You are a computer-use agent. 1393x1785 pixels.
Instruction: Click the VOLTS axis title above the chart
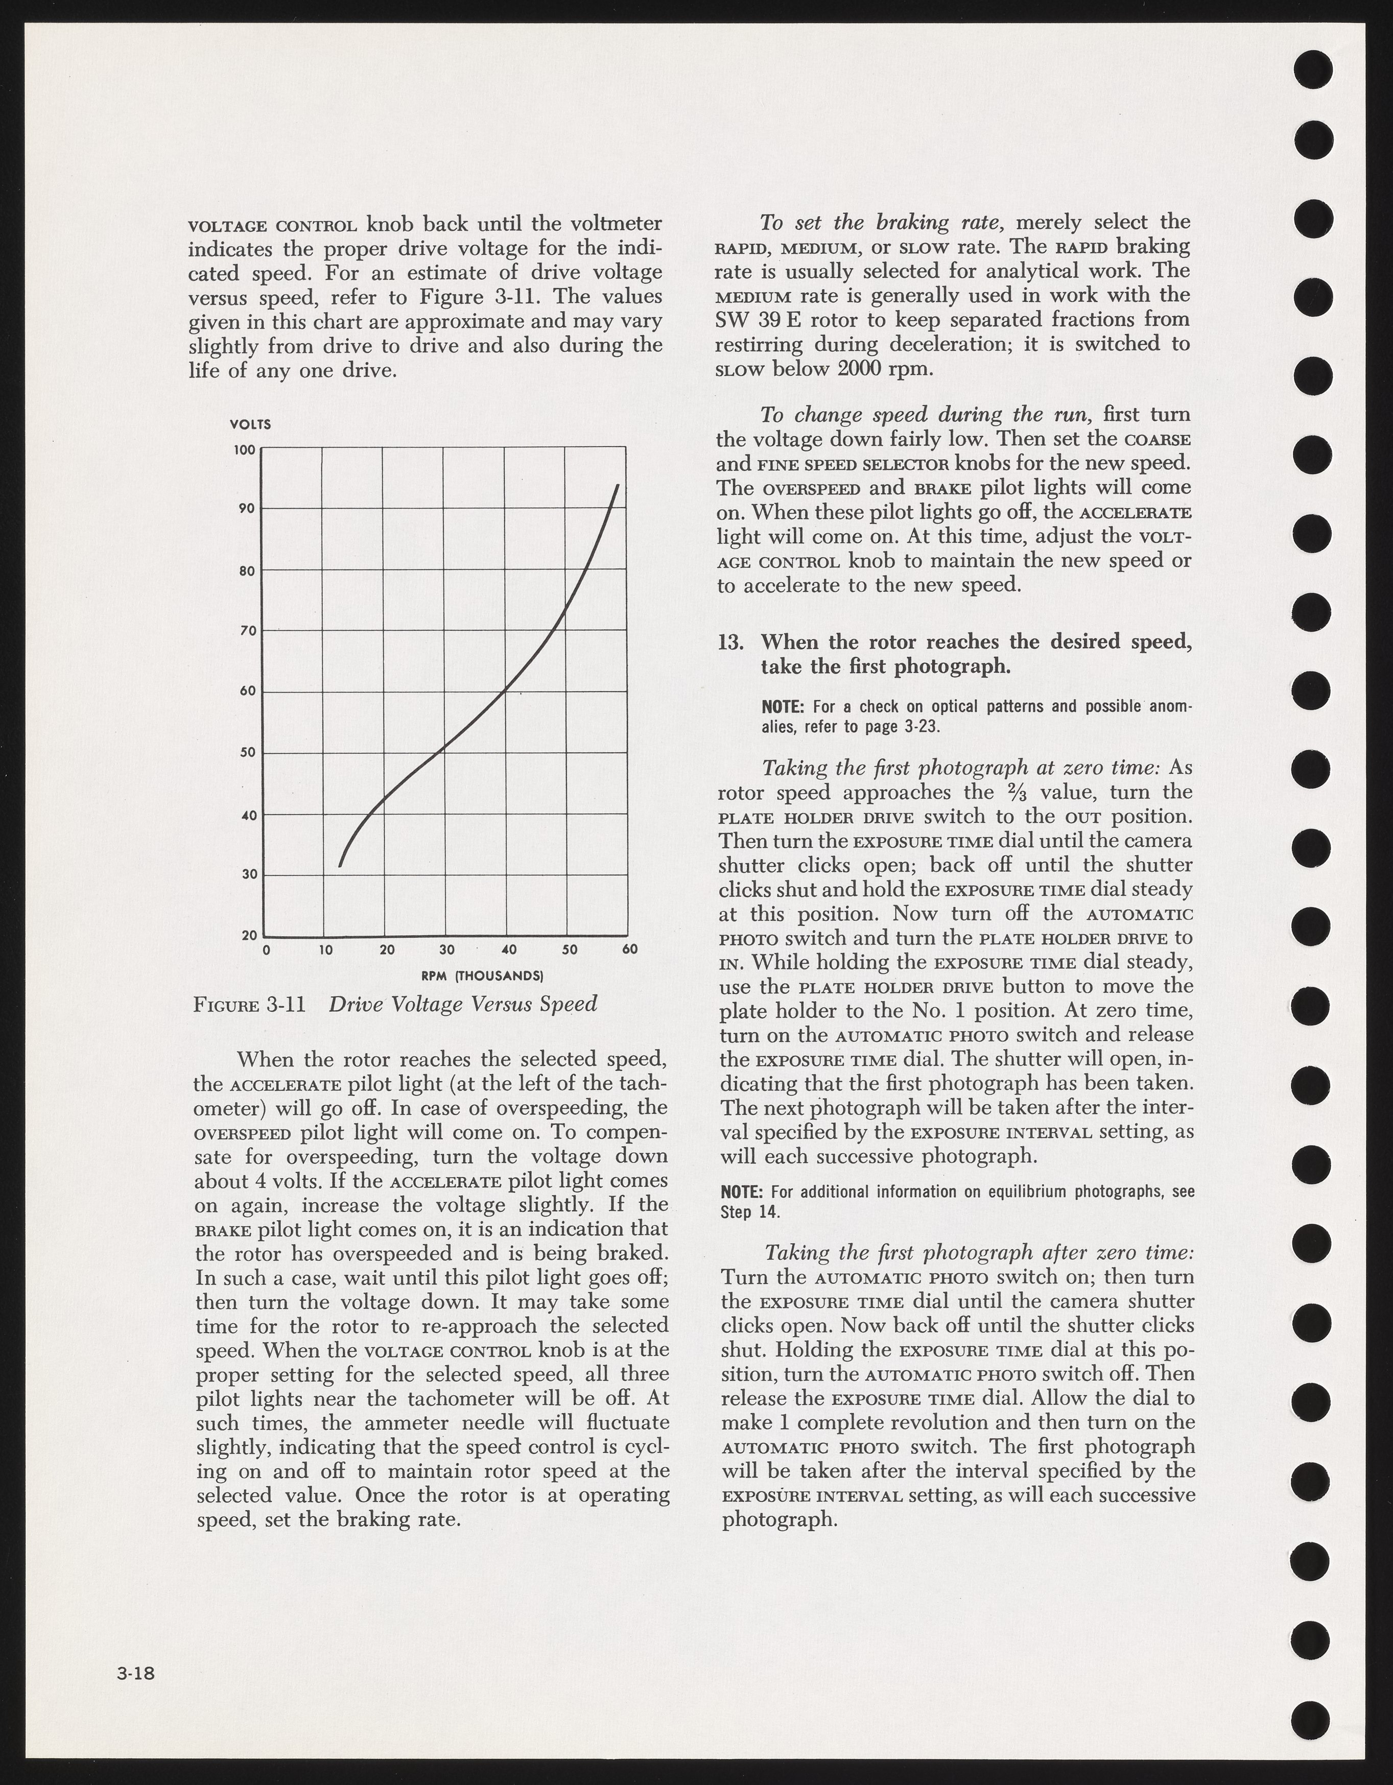[x=250, y=425]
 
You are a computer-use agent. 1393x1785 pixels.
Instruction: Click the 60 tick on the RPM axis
[x=629, y=950]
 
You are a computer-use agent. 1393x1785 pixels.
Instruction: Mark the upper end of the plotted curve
[x=618, y=486]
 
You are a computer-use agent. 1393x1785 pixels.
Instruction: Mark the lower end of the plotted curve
[x=340, y=866]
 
